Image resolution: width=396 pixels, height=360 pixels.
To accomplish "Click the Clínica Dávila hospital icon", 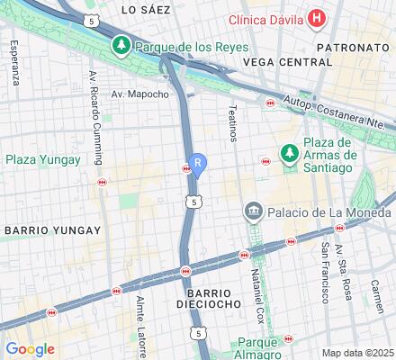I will pyautogui.click(x=316, y=17).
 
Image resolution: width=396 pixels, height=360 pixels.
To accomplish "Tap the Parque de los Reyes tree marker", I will pyautogui.click(x=121, y=44).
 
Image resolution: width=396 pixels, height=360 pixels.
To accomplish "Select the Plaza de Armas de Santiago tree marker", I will pyautogui.click(x=289, y=154).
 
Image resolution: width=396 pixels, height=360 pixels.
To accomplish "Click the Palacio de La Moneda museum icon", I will pyautogui.click(x=252, y=211).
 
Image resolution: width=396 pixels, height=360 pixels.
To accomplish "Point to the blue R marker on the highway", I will pyautogui.click(x=197, y=165).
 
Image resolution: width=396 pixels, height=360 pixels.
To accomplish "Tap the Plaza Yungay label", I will pyautogui.click(x=43, y=160).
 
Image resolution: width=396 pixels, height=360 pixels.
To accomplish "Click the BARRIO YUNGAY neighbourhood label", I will pyautogui.click(x=52, y=230).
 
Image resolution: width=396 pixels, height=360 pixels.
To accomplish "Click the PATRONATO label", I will pyautogui.click(x=353, y=44).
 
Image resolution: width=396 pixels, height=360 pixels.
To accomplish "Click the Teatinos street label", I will pyautogui.click(x=232, y=117).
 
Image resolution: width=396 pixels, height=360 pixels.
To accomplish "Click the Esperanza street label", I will pyautogui.click(x=15, y=65).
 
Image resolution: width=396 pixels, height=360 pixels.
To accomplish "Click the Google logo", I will pyautogui.click(x=30, y=349).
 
